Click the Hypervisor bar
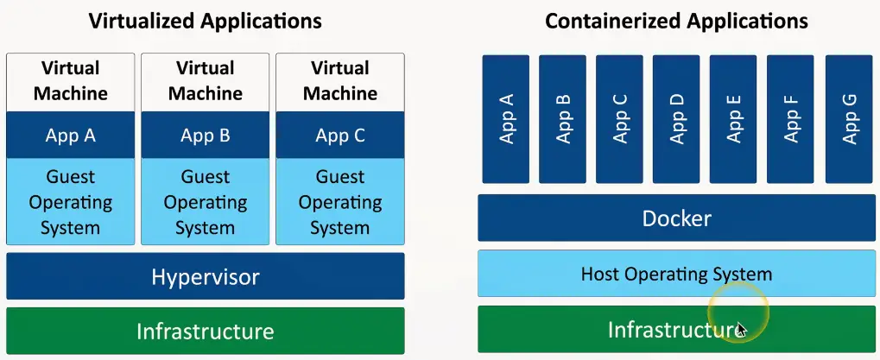click(x=205, y=276)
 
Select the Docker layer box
click(x=676, y=218)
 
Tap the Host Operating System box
click(x=676, y=275)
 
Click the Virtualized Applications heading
click(x=205, y=21)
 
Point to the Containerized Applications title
click(x=676, y=21)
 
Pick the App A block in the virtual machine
click(x=71, y=135)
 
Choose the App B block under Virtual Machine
click(x=205, y=135)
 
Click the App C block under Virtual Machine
click(x=339, y=135)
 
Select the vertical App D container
click(x=676, y=119)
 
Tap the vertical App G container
click(x=849, y=119)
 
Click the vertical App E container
click(x=733, y=119)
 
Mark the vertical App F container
click(x=791, y=119)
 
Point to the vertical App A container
click(x=506, y=119)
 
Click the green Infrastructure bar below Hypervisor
click(x=205, y=331)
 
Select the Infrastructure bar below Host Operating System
click(x=676, y=330)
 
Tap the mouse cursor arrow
click(x=741, y=328)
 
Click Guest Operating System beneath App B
click(x=205, y=202)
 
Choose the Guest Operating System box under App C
click(x=339, y=202)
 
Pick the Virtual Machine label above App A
click(x=71, y=81)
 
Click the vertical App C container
click(x=619, y=119)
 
